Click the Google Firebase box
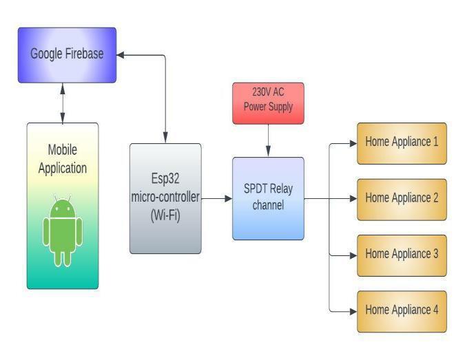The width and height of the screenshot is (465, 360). (x=67, y=54)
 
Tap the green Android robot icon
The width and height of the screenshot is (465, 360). (x=63, y=231)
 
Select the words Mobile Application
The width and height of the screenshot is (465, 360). (x=63, y=159)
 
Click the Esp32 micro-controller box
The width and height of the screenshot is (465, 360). (x=165, y=198)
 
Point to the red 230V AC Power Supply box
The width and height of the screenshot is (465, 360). (x=268, y=103)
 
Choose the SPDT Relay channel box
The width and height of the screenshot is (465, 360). (x=268, y=198)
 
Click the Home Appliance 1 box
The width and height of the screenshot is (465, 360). (x=401, y=143)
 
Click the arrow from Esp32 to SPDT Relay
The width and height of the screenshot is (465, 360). (x=216, y=198)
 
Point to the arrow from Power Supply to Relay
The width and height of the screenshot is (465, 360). (x=268, y=140)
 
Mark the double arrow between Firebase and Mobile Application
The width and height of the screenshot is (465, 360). (x=63, y=103)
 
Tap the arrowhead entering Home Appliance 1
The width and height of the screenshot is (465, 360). (x=352, y=143)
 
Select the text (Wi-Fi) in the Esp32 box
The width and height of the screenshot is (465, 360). (x=165, y=213)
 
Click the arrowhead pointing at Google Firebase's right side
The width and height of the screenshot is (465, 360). (x=121, y=54)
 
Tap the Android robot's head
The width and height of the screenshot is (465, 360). (x=63, y=207)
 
